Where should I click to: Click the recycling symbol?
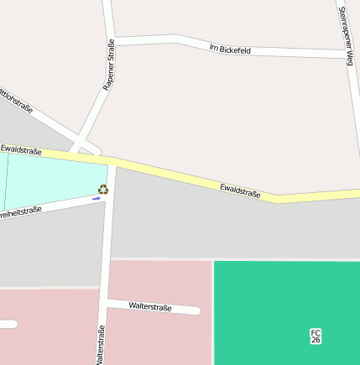[x=103, y=190]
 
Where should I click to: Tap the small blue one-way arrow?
[x=97, y=200]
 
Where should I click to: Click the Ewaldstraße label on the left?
[x=21, y=149]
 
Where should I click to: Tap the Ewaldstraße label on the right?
[x=240, y=190]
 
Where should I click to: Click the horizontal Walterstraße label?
[x=150, y=307]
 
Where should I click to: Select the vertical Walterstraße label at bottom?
[x=101, y=344]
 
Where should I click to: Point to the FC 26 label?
[x=316, y=336]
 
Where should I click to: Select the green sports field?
[x=285, y=310]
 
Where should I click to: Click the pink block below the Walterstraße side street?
[x=155, y=340]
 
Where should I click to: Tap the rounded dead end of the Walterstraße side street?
[x=196, y=310]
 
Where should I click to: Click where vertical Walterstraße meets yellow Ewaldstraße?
[x=112, y=161]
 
